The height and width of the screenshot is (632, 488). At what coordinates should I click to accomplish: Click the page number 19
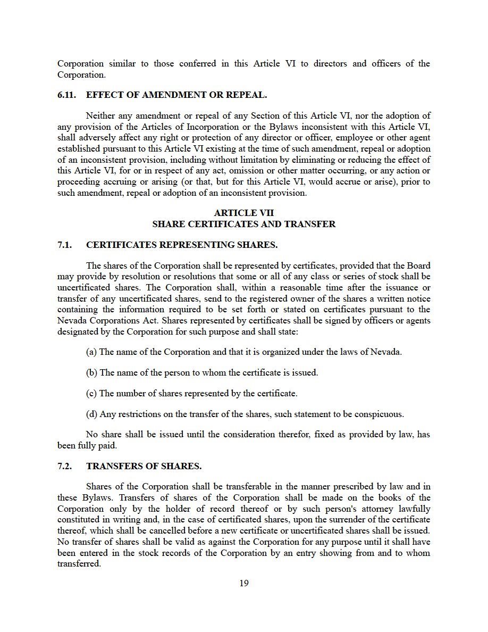[244, 583]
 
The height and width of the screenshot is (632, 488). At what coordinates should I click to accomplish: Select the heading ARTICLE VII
[244, 213]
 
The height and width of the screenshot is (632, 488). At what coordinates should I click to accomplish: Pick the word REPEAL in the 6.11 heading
[247, 95]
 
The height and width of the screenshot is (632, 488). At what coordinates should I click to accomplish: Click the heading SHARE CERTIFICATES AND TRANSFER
[244, 224]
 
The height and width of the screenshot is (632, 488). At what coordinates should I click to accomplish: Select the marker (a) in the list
[91, 352]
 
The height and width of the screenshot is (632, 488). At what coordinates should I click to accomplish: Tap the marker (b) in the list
[91, 373]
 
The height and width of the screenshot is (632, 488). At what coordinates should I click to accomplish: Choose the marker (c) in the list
[91, 394]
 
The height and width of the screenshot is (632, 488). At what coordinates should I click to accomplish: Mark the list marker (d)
[91, 414]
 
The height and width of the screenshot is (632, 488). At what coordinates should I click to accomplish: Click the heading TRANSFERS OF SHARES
[144, 467]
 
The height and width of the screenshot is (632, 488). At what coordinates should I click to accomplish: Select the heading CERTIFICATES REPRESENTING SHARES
[182, 245]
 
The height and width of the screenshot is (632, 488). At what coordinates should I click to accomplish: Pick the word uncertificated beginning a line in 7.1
[82, 287]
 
